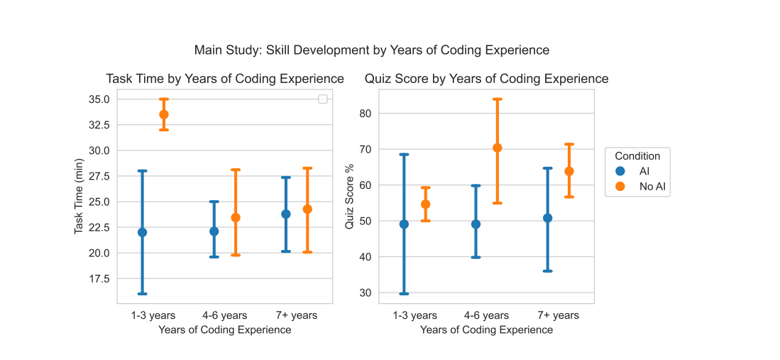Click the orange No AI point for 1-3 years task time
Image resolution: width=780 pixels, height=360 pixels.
[x=164, y=114]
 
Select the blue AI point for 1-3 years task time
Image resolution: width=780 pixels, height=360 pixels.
[x=142, y=232]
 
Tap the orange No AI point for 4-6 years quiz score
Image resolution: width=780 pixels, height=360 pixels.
[x=498, y=148]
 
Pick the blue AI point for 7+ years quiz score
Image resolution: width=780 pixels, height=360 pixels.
[x=547, y=218]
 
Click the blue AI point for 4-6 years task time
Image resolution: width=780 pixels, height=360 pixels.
[x=214, y=231]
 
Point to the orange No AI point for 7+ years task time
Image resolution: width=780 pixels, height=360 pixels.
[x=307, y=209]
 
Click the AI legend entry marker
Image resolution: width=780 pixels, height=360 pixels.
[x=621, y=171]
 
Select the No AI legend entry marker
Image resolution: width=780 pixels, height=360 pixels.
[x=621, y=187]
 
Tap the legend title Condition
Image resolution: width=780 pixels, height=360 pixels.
[x=637, y=156]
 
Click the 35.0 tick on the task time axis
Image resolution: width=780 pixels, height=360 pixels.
[x=99, y=99]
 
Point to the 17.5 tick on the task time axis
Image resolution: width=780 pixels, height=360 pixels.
[x=99, y=279]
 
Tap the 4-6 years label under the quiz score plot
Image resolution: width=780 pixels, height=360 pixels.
[x=486, y=315]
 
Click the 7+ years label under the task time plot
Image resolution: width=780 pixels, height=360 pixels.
[x=296, y=315]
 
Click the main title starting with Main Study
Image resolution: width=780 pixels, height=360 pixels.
[x=371, y=50]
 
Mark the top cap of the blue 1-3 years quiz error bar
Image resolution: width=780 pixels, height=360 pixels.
[x=404, y=154]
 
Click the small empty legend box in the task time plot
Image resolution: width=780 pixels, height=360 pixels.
[x=323, y=99]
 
